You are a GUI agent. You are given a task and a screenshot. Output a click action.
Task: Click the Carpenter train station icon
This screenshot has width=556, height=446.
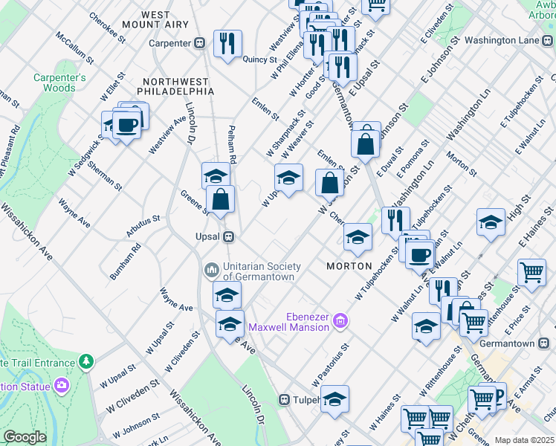[200, 43]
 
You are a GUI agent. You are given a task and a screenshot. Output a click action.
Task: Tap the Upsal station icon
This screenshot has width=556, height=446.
[230, 236]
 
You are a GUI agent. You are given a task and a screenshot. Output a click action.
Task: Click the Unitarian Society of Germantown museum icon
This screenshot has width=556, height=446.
[210, 268]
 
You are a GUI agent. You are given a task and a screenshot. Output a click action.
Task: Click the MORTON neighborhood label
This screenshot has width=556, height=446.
[349, 266]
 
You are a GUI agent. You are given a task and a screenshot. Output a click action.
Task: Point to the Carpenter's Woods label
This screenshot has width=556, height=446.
[59, 83]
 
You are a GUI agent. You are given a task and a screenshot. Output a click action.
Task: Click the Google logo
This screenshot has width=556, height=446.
[25, 437]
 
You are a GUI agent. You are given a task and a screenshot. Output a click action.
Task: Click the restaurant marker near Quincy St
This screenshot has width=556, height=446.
[227, 42]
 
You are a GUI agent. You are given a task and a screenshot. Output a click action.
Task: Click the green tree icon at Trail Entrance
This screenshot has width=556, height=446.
[88, 361]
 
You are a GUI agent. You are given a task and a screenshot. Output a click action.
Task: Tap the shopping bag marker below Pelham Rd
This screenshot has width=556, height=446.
[221, 199]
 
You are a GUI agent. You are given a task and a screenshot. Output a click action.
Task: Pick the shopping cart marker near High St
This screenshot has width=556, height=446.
[531, 273]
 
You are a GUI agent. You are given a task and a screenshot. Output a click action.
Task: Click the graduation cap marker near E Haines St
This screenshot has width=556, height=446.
[491, 222]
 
